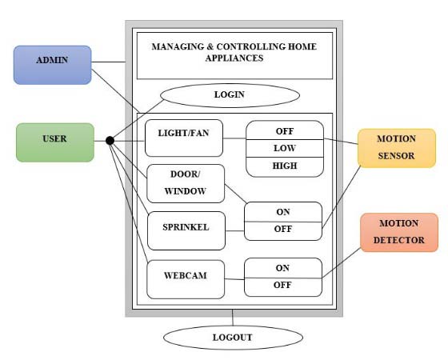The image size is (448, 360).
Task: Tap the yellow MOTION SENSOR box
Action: (397, 148)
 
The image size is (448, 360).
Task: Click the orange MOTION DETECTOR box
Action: (399, 232)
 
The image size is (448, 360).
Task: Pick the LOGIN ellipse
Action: (229, 95)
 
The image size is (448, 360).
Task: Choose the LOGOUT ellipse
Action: (232, 337)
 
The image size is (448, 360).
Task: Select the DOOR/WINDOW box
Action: (186, 183)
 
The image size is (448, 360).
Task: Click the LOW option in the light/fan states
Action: (284, 149)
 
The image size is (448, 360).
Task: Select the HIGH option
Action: (284, 166)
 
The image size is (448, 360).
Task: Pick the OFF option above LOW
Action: (284, 130)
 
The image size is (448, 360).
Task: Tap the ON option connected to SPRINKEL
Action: (283, 212)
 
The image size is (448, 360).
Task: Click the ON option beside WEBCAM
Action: (283, 268)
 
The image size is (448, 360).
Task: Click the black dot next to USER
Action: (110, 141)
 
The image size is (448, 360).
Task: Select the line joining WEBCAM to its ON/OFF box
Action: (234, 278)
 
